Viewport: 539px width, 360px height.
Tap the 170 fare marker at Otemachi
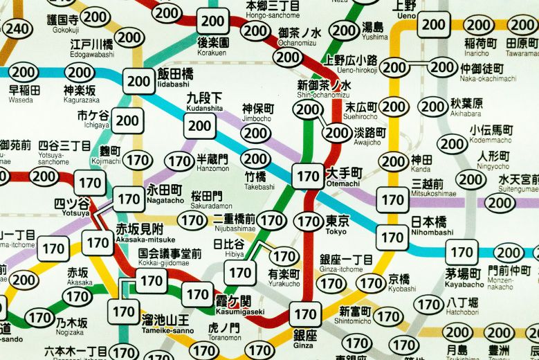click(307, 176)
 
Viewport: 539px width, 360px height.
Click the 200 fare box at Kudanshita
click(200, 125)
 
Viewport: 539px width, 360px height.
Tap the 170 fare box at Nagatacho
click(129, 199)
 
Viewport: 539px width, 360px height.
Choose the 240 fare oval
click(17, 28)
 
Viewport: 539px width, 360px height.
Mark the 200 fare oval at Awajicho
click(338, 132)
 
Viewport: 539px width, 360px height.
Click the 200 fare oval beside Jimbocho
click(257, 133)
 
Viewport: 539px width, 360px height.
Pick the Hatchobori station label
click(462, 307)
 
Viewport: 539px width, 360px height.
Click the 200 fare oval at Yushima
click(344, 30)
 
